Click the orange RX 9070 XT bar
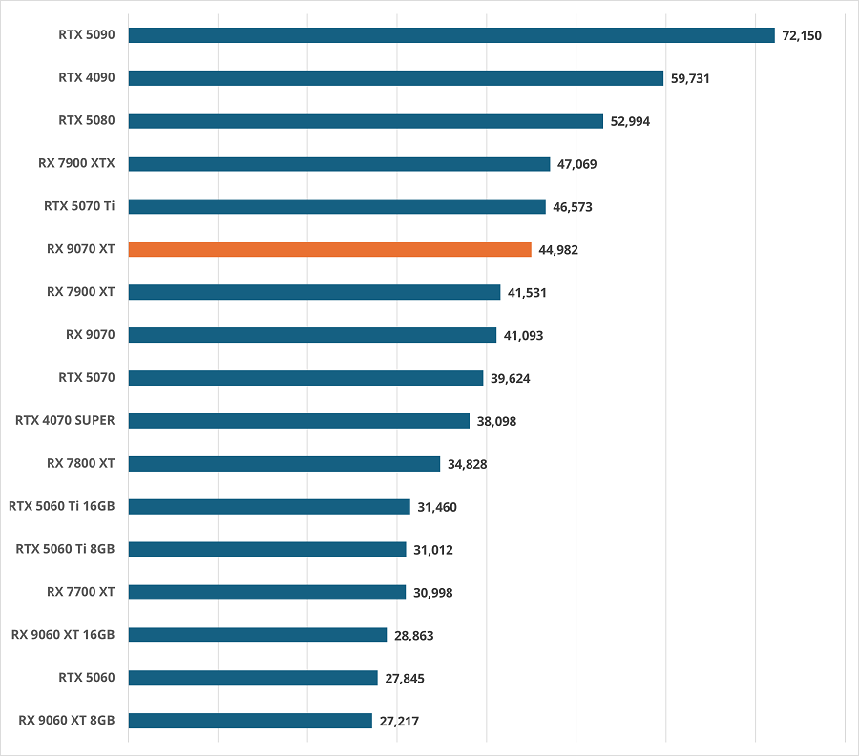pos(329,249)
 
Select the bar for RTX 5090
pos(450,35)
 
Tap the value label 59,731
pos(690,78)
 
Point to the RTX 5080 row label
pos(87,120)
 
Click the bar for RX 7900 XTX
pos(339,163)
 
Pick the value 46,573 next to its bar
pos(573,206)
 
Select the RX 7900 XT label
pos(80,291)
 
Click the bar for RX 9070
pos(312,335)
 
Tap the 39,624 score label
pos(511,378)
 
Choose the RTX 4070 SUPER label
pos(65,420)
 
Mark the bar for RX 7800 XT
pos(283,463)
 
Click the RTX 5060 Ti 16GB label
pos(61,506)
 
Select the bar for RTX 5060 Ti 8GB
pos(266,549)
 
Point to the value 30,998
pos(433,592)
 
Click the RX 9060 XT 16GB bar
pos(257,635)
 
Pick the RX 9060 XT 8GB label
pos(63,720)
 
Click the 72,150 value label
pos(802,35)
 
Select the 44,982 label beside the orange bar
pos(558,249)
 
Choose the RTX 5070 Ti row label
pos(79,205)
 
